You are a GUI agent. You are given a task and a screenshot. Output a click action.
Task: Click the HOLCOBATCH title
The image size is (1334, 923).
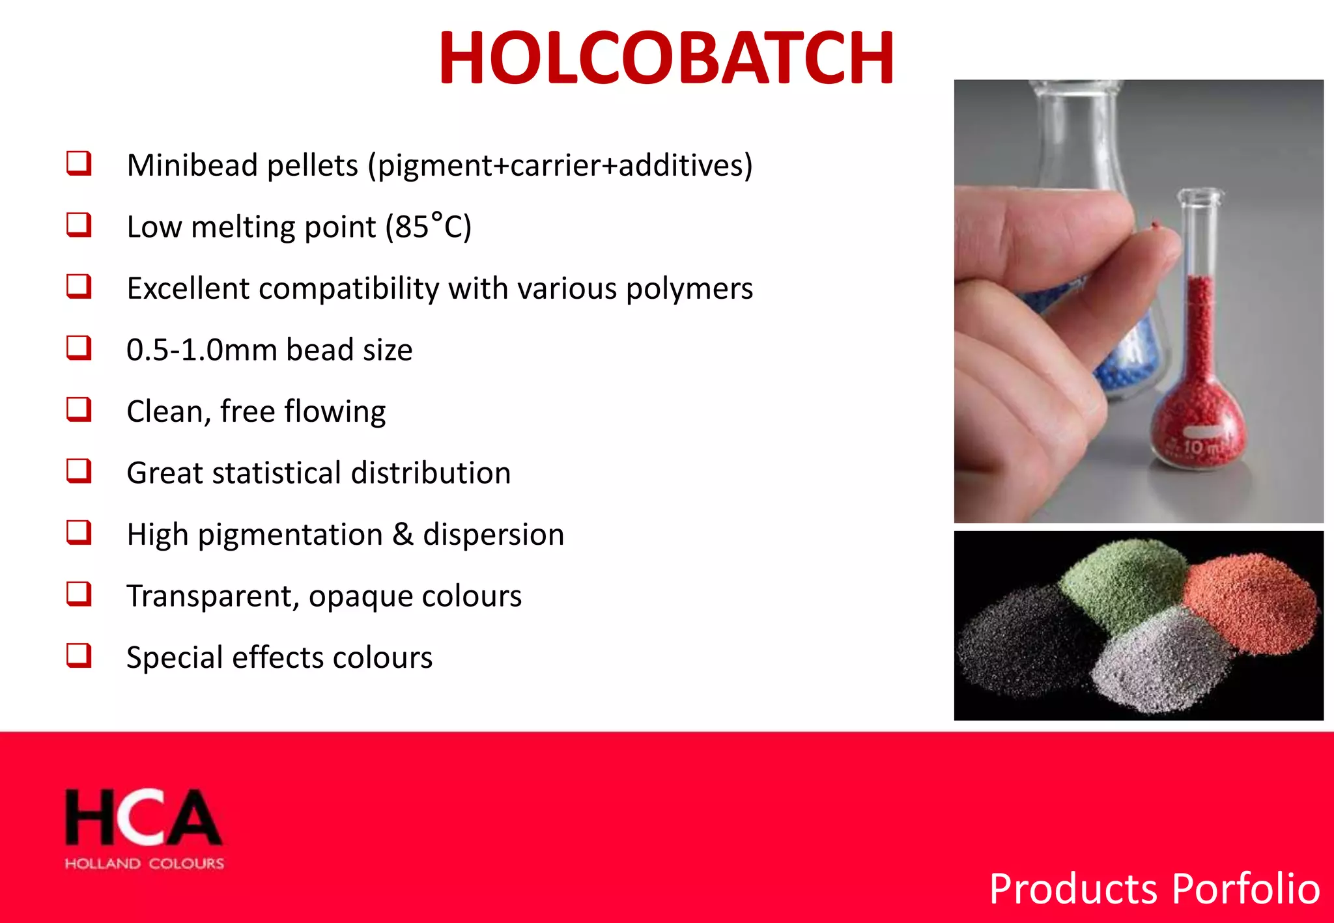click(666, 59)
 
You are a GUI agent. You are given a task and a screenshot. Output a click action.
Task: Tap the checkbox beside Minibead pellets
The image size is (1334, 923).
click(79, 163)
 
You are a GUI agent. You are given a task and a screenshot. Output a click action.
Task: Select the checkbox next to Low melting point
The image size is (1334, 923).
click(79, 225)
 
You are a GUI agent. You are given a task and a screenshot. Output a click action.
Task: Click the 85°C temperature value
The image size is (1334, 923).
click(428, 227)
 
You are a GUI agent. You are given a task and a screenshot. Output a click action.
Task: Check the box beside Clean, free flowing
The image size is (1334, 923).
click(79, 410)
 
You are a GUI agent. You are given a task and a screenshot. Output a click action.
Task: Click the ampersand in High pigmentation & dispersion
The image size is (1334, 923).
click(403, 534)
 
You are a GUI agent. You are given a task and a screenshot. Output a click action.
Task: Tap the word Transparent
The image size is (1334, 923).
click(213, 596)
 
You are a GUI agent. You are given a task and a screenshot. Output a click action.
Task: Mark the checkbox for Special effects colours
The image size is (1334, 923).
click(79, 655)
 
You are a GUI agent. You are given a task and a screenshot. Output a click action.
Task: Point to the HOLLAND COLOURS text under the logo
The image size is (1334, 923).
click(144, 864)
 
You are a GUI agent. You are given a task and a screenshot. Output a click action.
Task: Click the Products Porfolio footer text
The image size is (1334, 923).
click(1154, 889)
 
